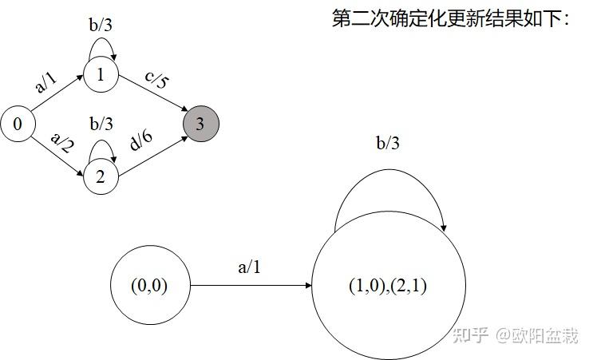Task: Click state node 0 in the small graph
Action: coord(18,125)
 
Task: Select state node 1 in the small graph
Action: coord(101,76)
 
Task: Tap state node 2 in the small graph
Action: coord(101,176)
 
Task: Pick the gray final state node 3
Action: coord(200,124)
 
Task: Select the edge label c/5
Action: coord(157,82)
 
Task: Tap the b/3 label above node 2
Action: coord(101,124)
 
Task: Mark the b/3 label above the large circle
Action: coord(389,144)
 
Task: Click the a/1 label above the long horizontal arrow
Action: coord(249,267)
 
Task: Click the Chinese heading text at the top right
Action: coord(451,18)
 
